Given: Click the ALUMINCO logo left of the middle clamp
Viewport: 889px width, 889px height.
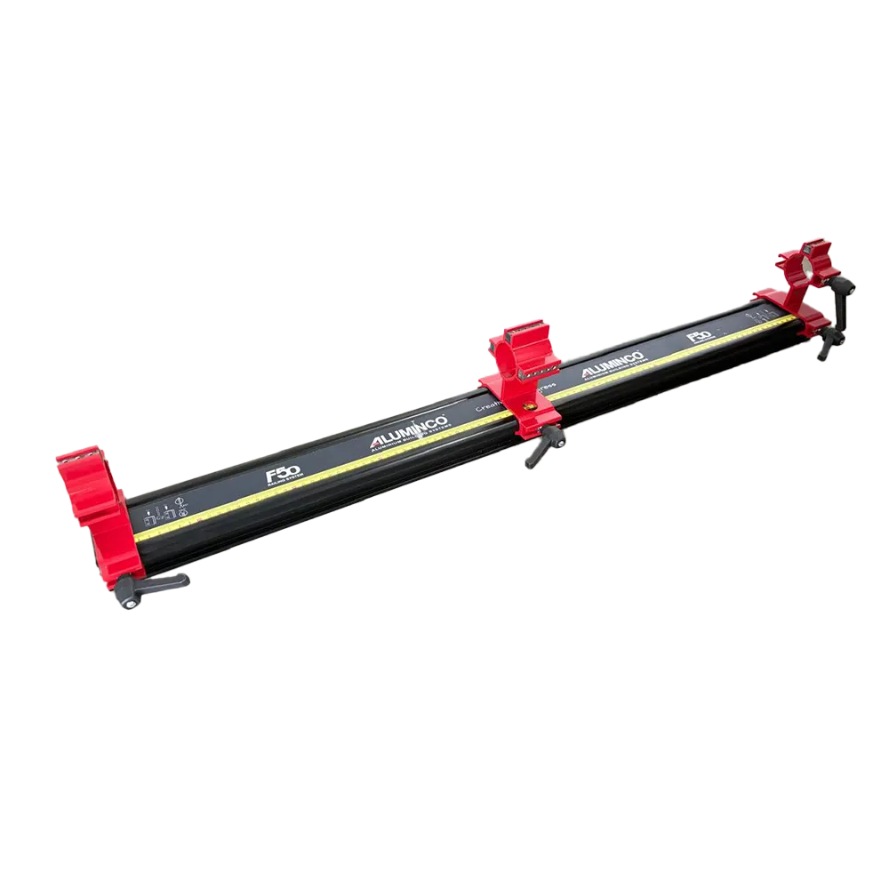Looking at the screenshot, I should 408,435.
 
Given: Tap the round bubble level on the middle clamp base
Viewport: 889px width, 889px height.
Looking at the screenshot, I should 530,404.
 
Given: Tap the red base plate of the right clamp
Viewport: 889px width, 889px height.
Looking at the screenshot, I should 781,307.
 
